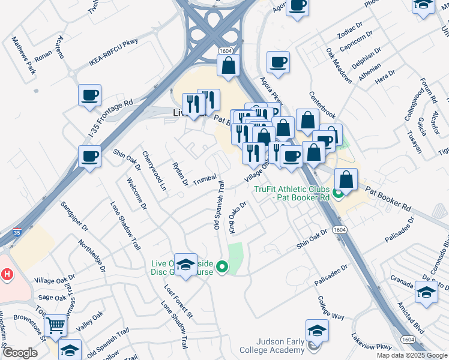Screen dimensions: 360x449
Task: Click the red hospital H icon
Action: coord(7,274)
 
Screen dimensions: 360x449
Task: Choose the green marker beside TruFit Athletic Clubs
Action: coord(337,193)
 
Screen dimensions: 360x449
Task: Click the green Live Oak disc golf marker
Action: coord(222,266)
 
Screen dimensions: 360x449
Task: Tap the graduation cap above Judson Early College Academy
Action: coord(317,329)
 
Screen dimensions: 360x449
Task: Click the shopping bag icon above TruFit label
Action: coord(346,178)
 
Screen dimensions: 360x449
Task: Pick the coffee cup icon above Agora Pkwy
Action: coord(277,62)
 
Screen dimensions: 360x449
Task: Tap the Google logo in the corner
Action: coord(20,353)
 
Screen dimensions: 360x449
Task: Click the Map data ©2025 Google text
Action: coord(411,355)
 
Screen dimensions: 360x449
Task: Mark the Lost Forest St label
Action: coord(178,302)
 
